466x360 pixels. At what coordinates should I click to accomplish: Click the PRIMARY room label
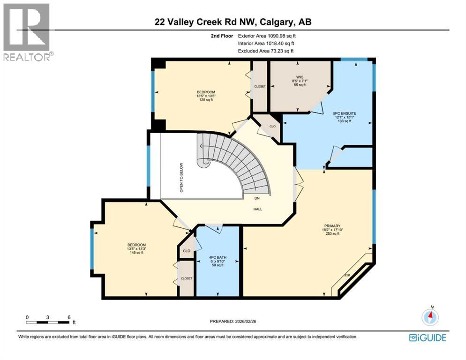(328, 225)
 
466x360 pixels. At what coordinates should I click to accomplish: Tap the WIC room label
(294, 76)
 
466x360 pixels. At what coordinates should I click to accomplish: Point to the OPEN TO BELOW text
(181, 178)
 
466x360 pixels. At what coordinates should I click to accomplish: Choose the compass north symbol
(430, 316)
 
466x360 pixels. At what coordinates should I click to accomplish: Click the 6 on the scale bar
(69, 317)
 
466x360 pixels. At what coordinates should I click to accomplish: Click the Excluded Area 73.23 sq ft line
(267, 51)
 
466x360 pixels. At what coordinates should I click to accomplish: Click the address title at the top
(233, 22)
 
